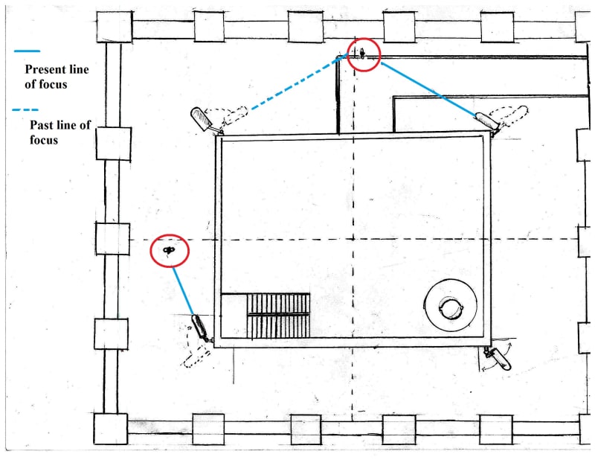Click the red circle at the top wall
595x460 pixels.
pos(364,54)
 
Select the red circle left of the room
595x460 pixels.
pos(170,252)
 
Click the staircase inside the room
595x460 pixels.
pos(277,315)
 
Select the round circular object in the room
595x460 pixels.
pos(449,304)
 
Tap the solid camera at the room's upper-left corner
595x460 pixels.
pos(203,119)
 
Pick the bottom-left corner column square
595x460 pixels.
pos(110,428)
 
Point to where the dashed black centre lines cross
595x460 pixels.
pos(353,239)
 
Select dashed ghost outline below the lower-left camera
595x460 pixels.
pos(196,354)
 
